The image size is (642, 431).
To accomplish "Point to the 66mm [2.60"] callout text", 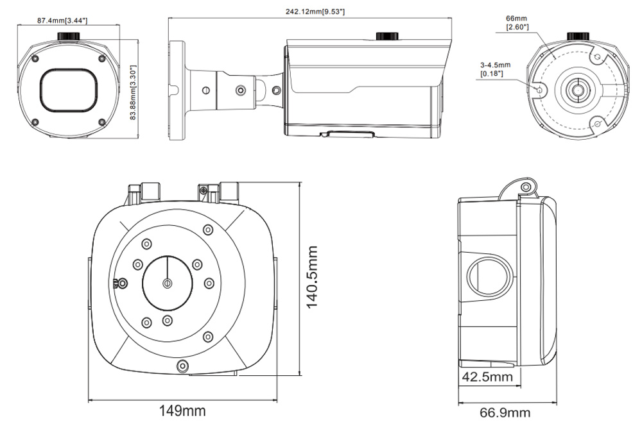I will [517, 23].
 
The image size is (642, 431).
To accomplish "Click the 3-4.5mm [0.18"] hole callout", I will [494, 69].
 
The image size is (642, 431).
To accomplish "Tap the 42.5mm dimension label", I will [488, 377].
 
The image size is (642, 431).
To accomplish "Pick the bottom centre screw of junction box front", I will [183, 366].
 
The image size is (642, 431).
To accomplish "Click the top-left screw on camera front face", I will [36, 60].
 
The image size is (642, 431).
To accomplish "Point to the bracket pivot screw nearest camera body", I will [277, 90].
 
